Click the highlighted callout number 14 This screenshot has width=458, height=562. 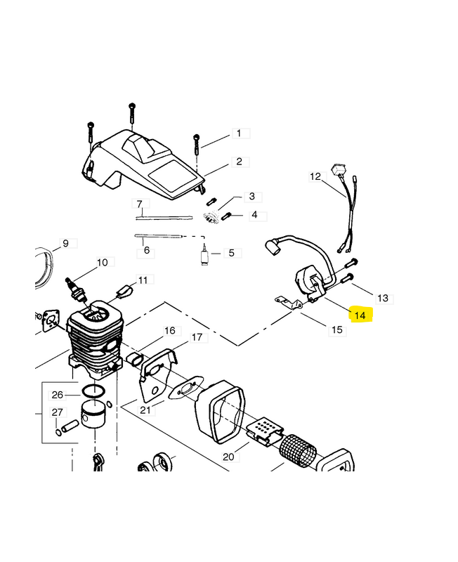[360, 315]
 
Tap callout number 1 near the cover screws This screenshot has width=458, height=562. [239, 133]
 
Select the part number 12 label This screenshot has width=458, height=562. [315, 177]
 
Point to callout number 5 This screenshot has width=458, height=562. [232, 253]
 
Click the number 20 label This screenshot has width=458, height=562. [228, 457]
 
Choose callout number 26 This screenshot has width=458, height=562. [58, 395]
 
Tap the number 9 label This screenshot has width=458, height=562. [65, 244]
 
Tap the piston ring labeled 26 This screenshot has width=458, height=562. [94, 392]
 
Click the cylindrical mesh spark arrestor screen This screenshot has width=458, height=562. [298, 451]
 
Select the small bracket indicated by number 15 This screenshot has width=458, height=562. [289, 302]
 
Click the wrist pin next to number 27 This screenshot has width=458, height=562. [70, 426]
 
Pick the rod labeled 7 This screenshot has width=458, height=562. [164, 217]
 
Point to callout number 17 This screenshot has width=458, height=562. [197, 337]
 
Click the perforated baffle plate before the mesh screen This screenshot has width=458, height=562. [265, 431]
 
